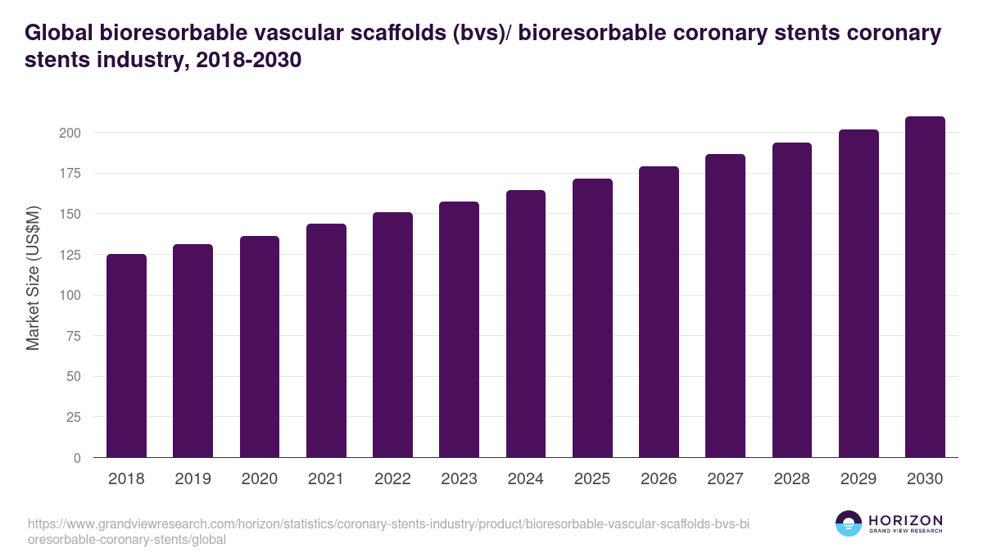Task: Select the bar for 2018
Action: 126,356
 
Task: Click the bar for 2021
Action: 326,341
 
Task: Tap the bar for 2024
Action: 526,324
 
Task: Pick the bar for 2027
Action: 725,306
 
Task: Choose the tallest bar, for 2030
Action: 925,287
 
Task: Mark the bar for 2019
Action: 193,351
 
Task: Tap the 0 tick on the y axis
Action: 76,458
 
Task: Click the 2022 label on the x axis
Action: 392,479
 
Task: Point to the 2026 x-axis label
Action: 659,479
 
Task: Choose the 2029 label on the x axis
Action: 858,479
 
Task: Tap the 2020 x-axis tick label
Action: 259,479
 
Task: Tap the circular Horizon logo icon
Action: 849,524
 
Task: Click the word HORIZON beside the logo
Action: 905,520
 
